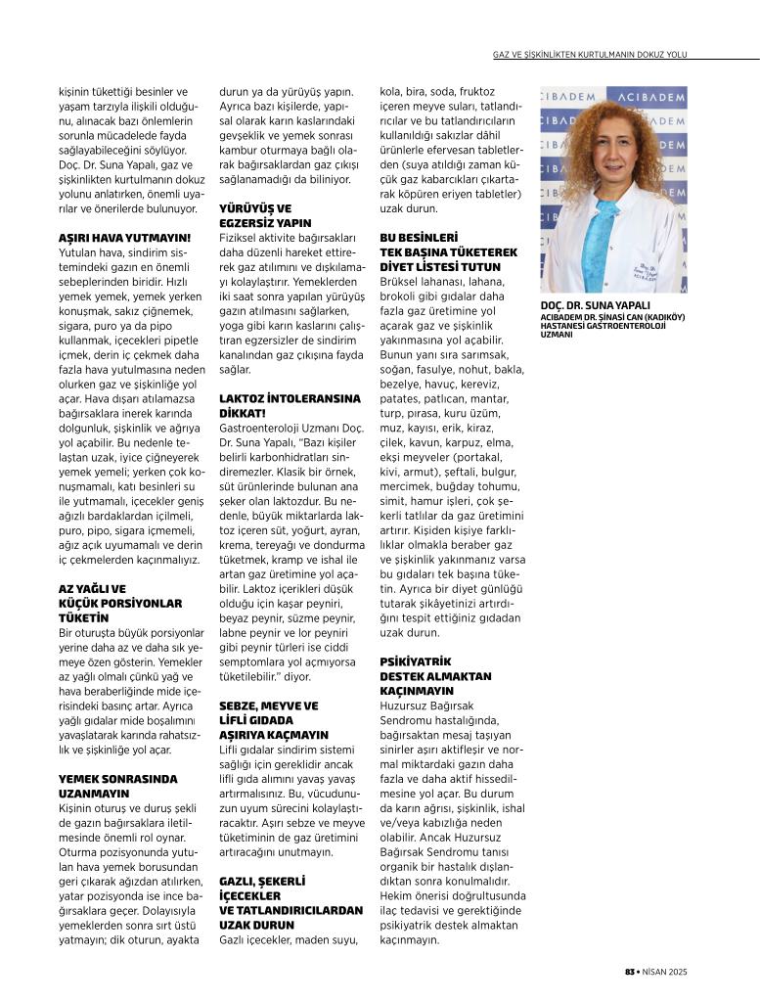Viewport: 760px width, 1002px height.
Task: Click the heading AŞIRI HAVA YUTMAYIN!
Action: (x=124, y=237)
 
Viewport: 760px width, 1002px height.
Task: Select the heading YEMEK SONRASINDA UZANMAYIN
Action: (x=117, y=785)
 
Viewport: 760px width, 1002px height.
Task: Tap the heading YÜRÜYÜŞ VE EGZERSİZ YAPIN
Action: (x=255, y=215)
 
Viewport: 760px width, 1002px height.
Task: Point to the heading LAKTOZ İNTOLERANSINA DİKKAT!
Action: (x=276, y=406)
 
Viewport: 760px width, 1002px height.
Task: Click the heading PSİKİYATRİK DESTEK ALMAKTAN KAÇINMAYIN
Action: (x=435, y=676)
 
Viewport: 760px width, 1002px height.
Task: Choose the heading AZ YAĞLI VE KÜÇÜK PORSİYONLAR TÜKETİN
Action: (x=120, y=604)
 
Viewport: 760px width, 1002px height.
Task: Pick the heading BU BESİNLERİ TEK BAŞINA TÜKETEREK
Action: (x=440, y=251)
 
